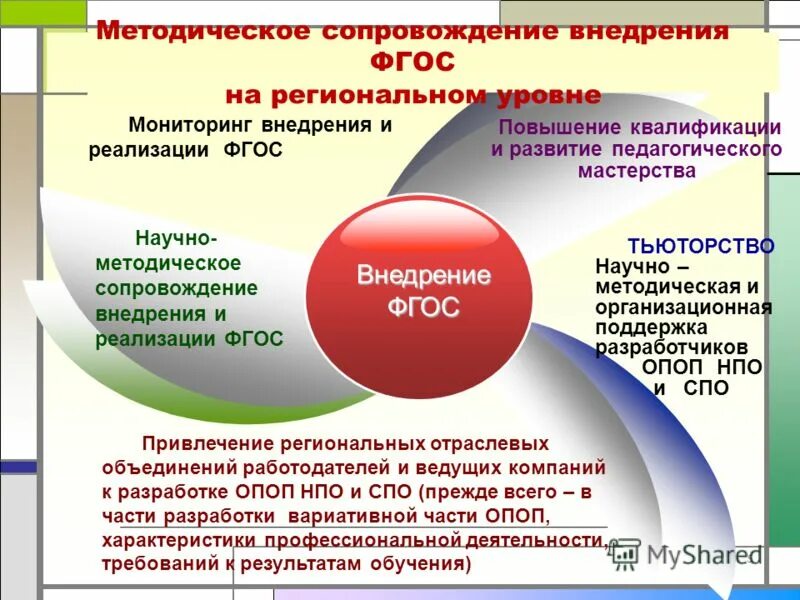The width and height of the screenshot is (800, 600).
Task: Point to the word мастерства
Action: click(x=636, y=170)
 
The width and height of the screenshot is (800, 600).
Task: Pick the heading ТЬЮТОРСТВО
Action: click(x=701, y=246)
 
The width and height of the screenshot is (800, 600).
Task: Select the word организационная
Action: click(x=684, y=307)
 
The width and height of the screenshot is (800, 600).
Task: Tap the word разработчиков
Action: click(x=672, y=348)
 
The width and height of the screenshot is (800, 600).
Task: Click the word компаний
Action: click(x=560, y=466)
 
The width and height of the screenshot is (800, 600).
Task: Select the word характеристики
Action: click(x=178, y=541)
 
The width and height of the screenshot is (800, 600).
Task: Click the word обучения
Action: click(x=419, y=564)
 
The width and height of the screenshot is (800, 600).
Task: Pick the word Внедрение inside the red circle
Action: click(x=424, y=276)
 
